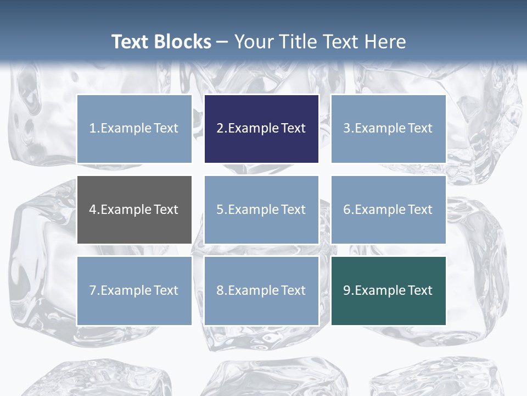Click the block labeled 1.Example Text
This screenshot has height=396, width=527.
(134, 129)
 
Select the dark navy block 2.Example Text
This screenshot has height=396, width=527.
(261, 129)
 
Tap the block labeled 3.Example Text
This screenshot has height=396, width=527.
(388, 129)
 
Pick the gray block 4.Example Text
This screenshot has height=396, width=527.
(134, 210)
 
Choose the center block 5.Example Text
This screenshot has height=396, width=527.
(261, 210)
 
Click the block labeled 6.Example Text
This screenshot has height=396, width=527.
(388, 210)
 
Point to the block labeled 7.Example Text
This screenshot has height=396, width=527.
(134, 290)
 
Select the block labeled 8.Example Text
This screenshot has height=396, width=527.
(261, 290)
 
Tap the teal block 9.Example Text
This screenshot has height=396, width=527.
(388, 290)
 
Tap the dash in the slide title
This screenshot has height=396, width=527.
(222, 42)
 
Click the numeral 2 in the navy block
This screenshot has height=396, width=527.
(220, 129)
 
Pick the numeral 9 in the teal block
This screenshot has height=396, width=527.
(346, 290)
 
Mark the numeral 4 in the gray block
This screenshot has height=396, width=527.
(92, 210)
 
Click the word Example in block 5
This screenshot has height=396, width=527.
(254, 210)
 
